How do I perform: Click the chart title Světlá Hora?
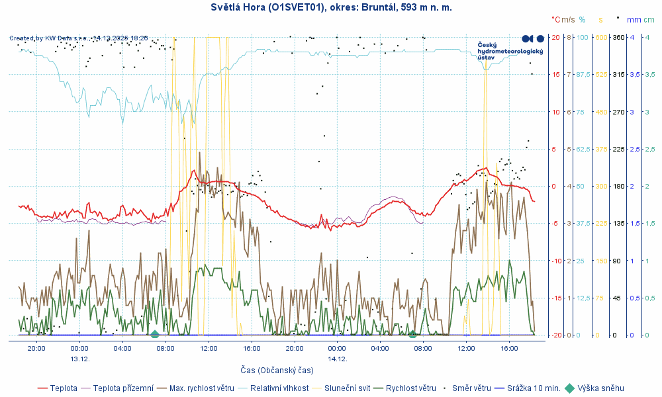(x=330, y=7)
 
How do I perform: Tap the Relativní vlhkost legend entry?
(x=278, y=388)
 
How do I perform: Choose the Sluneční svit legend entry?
(x=346, y=388)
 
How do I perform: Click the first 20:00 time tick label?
(x=36, y=348)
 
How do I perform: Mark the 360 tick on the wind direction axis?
(x=618, y=37)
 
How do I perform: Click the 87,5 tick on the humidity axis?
(x=583, y=75)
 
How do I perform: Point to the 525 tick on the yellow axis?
(x=600, y=75)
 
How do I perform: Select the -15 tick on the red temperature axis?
(x=557, y=298)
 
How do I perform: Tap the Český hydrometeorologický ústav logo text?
(x=510, y=51)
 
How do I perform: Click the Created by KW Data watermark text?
(x=79, y=38)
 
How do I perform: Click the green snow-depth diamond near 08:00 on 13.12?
(x=154, y=334)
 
